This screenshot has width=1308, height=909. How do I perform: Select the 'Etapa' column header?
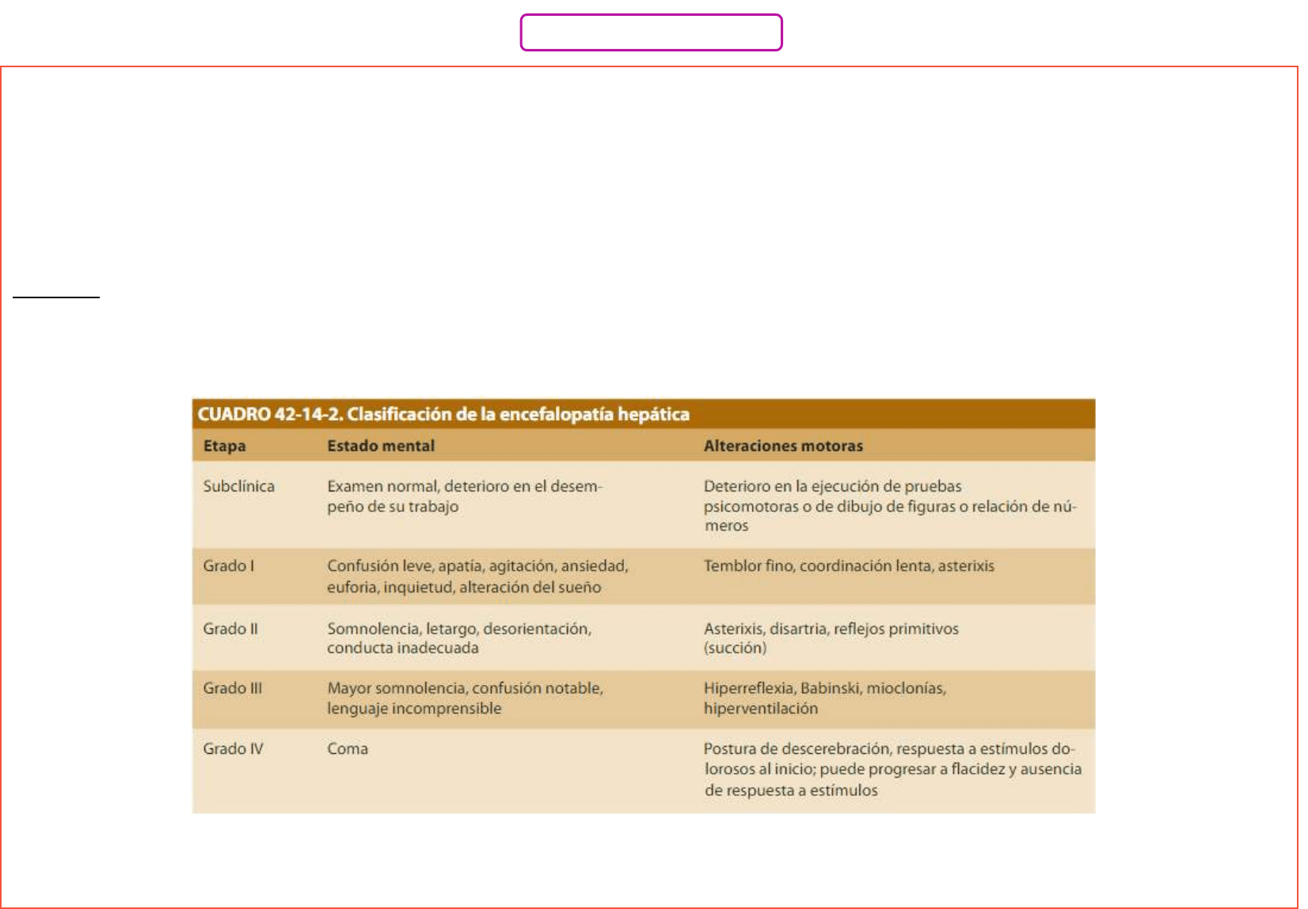coord(224,446)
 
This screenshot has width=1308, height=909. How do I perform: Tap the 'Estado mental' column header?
coord(381,446)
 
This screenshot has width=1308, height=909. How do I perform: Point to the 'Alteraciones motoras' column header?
coord(783,446)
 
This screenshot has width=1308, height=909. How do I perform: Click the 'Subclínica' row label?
coord(238,487)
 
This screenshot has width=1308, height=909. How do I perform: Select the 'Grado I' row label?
coord(228,566)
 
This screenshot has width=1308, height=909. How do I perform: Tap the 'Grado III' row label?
coord(232,688)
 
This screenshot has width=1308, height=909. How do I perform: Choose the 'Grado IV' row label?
coord(233,749)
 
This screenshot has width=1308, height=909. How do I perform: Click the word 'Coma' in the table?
coord(348,749)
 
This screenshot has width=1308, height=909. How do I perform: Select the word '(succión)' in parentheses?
coord(735,649)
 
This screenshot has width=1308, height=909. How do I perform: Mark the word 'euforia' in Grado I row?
coord(352,588)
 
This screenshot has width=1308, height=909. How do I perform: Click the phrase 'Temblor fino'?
coord(748,566)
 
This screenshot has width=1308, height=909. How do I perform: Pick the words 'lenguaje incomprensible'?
coord(414,709)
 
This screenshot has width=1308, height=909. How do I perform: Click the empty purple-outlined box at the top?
coord(651,32)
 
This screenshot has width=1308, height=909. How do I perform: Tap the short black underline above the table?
coord(56,297)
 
